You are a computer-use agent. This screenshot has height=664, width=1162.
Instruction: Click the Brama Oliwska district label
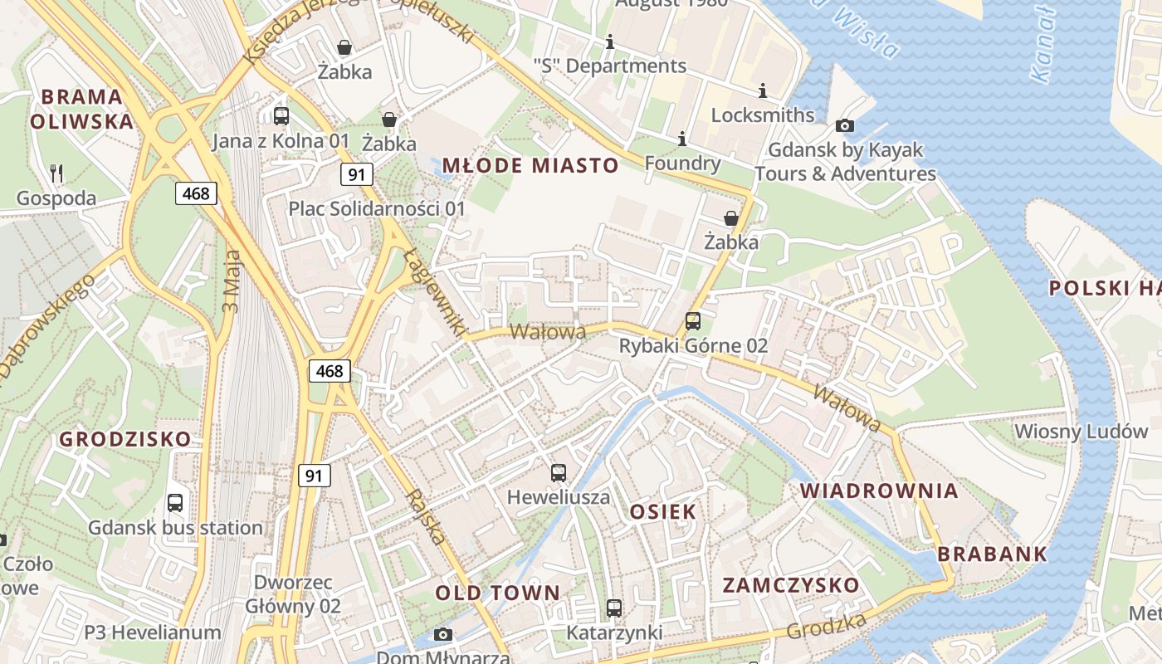point(81,109)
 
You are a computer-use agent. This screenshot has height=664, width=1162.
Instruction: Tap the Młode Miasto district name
point(530,165)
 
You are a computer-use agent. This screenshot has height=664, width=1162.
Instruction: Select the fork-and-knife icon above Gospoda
point(56,173)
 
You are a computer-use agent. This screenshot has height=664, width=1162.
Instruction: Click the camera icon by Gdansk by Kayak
point(845,126)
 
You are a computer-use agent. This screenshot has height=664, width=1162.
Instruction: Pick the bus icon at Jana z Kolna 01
point(281,116)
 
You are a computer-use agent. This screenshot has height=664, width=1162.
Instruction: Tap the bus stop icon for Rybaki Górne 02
point(692,321)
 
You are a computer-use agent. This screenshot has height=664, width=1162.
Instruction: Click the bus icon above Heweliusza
point(559,473)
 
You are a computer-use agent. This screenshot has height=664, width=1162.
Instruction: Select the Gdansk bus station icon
point(175,502)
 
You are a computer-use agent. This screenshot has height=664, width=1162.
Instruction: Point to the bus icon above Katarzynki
point(613,608)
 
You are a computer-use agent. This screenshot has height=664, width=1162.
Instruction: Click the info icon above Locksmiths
point(763,90)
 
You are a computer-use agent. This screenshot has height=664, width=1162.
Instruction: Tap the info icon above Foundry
point(682,139)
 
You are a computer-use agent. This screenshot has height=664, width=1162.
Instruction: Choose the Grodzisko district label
point(125,439)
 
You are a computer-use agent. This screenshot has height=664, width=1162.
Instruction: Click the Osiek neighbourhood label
point(662,511)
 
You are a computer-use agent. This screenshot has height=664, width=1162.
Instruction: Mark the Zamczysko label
point(791,585)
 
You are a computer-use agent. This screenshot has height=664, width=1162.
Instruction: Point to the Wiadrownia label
point(879,491)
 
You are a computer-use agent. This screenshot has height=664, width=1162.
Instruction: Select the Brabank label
point(992,554)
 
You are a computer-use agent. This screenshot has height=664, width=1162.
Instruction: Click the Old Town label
point(498,593)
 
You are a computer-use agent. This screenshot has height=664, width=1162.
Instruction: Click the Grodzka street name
point(827,627)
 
